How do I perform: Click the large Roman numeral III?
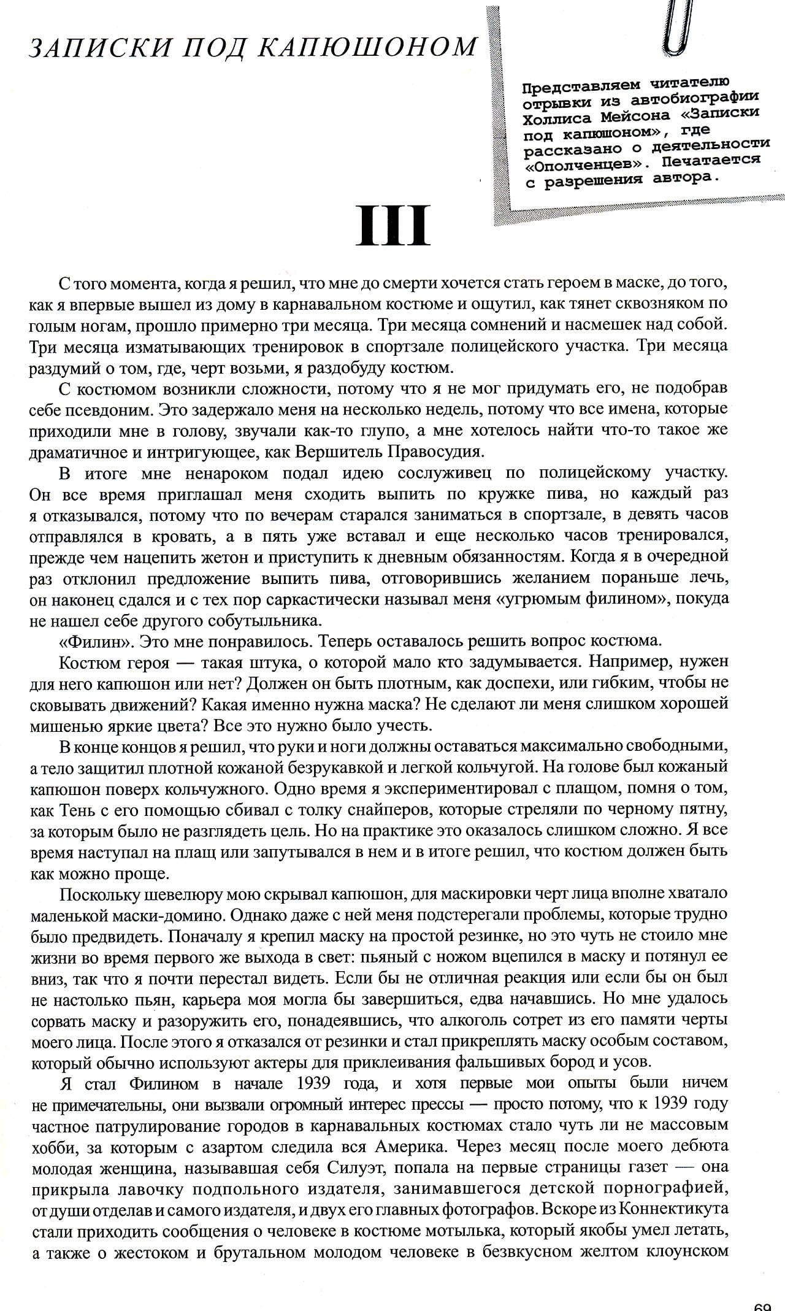392,225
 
